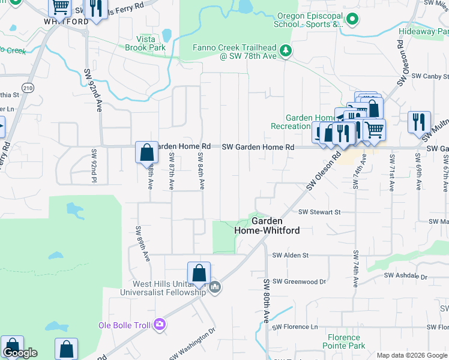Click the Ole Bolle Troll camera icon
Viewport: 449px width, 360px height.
coord(159,325)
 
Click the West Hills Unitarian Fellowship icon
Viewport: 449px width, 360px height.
coord(215,289)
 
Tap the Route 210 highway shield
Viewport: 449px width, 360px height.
coord(28,88)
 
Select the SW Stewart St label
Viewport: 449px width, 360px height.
coord(319,212)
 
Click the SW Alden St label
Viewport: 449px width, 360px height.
coord(291,255)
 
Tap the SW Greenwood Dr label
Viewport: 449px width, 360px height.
coord(298,281)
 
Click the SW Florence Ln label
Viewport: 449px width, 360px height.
coord(295,326)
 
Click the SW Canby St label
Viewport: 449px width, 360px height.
coord(428,76)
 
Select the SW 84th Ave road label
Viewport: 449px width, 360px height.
coord(202,169)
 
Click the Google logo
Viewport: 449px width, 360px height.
coord(20,353)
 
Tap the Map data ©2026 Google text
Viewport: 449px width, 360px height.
coord(411,355)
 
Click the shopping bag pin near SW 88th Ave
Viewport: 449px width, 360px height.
coord(146,153)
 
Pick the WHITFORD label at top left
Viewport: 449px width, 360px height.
coord(66,21)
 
